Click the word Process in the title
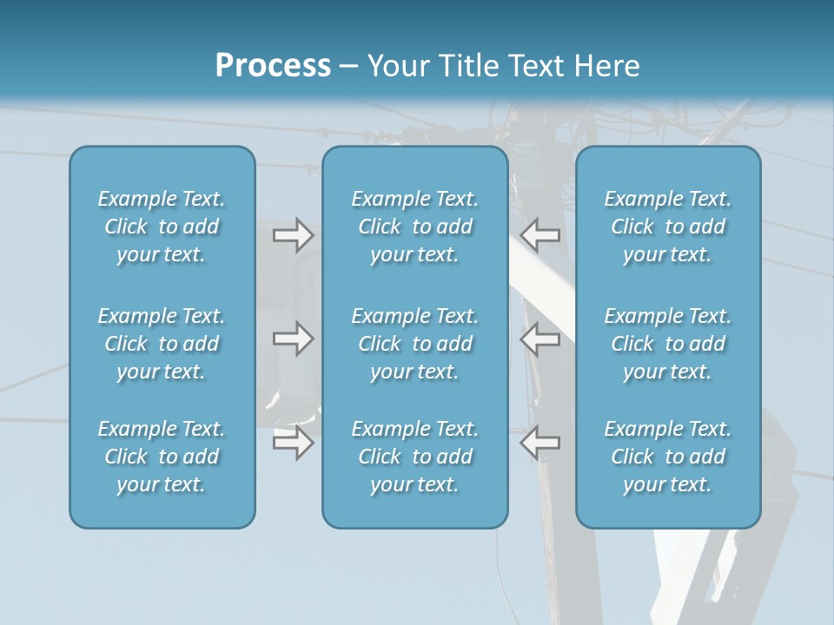click(x=273, y=66)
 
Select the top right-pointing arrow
click(x=293, y=235)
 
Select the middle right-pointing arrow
click(x=293, y=339)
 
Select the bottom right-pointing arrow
click(x=293, y=442)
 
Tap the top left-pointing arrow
click(x=539, y=235)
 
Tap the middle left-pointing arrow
click(x=539, y=339)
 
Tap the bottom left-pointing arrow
click(x=539, y=442)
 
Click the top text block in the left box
click(x=162, y=227)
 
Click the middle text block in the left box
click(x=162, y=344)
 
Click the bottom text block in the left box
click(x=162, y=457)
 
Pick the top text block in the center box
click(x=414, y=227)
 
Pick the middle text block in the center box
click(x=414, y=344)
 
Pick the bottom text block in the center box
click(x=414, y=457)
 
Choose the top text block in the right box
click(x=668, y=227)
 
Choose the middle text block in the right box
click(x=668, y=344)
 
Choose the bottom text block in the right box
click(x=668, y=457)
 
